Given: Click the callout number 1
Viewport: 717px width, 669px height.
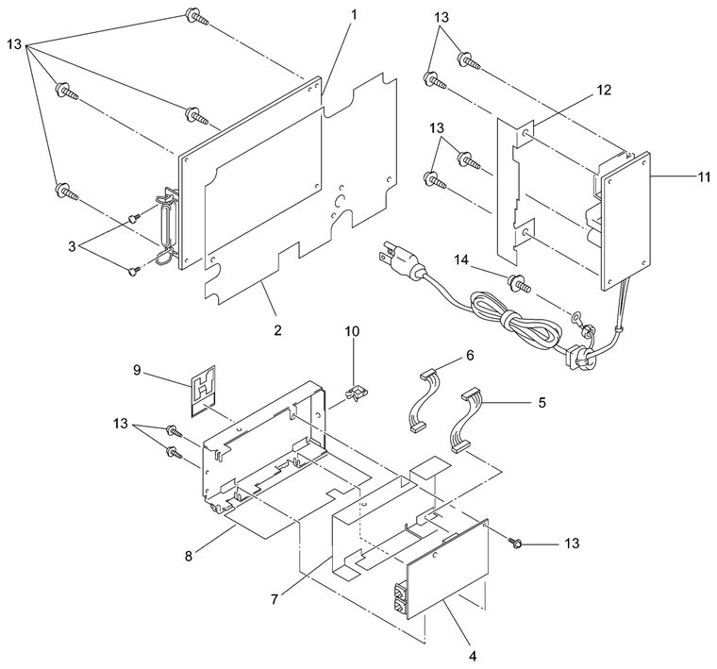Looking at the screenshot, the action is (x=354, y=15).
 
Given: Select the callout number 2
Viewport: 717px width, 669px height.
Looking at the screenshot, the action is (x=277, y=329).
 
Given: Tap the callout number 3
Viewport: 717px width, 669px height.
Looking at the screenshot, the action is (x=72, y=246).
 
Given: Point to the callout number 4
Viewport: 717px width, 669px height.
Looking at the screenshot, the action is (x=473, y=656).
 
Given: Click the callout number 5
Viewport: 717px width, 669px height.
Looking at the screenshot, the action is (x=542, y=402).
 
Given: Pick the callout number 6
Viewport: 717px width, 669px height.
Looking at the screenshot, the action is (x=470, y=355).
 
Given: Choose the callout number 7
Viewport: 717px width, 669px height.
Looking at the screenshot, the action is (x=275, y=599).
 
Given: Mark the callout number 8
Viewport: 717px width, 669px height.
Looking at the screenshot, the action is (x=189, y=556).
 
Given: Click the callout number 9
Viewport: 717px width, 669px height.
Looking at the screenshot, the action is (x=137, y=370).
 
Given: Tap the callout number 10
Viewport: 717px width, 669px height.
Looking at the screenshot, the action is (x=352, y=331).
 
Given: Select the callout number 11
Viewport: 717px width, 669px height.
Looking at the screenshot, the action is (x=704, y=176).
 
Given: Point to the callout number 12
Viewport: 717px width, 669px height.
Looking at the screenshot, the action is (x=604, y=90).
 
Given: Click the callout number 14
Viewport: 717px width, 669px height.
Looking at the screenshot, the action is (x=461, y=259).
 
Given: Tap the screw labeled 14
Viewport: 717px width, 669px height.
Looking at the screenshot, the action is (x=520, y=283).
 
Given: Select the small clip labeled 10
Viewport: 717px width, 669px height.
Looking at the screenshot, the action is (x=356, y=393).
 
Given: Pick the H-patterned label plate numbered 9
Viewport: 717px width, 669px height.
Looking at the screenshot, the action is (x=204, y=392).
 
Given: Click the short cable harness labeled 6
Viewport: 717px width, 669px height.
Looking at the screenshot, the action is (x=422, y=401).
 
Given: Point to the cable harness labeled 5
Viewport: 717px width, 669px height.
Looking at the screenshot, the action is (x=465, y=420).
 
